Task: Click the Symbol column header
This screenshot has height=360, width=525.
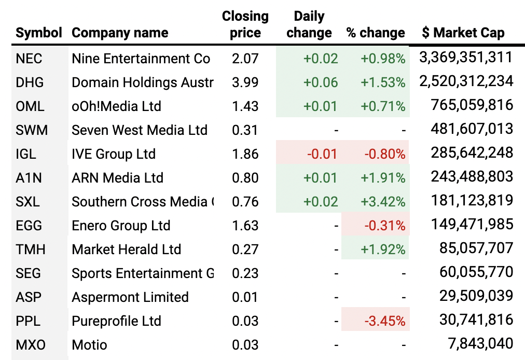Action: click(x=39, y=33)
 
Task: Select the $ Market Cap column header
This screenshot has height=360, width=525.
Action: click(x=463, y=33)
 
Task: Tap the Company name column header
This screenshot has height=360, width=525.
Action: click(x=120, y=33)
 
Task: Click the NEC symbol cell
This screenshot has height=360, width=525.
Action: click(x=29, y=59)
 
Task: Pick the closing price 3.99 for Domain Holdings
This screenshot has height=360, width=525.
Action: click(x=245, y=82)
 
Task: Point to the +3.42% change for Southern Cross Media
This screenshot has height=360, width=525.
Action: click(x=383, y=202)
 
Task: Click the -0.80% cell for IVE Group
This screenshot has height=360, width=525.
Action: click(x=384, y=154)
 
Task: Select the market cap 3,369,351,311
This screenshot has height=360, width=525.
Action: click(x=465, y=58)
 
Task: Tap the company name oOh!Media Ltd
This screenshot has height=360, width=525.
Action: click(x=116, y=106)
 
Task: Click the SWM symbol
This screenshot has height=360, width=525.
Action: click(x=32, y=130)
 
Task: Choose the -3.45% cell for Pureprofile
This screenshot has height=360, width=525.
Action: click(x=384, y=321)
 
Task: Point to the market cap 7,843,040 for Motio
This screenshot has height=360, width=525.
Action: click(x=480, y=344)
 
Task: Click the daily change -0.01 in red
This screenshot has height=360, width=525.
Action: click(x=322, y=154)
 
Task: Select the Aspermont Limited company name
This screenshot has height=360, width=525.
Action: click(x=130, y=297)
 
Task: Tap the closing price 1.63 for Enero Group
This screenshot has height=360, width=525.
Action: click(x=245, y=226)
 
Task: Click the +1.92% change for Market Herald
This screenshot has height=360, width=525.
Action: click(x=383, y=250)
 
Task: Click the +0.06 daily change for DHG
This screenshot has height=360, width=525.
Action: click(x=321, y=82)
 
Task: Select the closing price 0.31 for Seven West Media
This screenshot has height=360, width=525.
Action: click(x=245, y=130)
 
